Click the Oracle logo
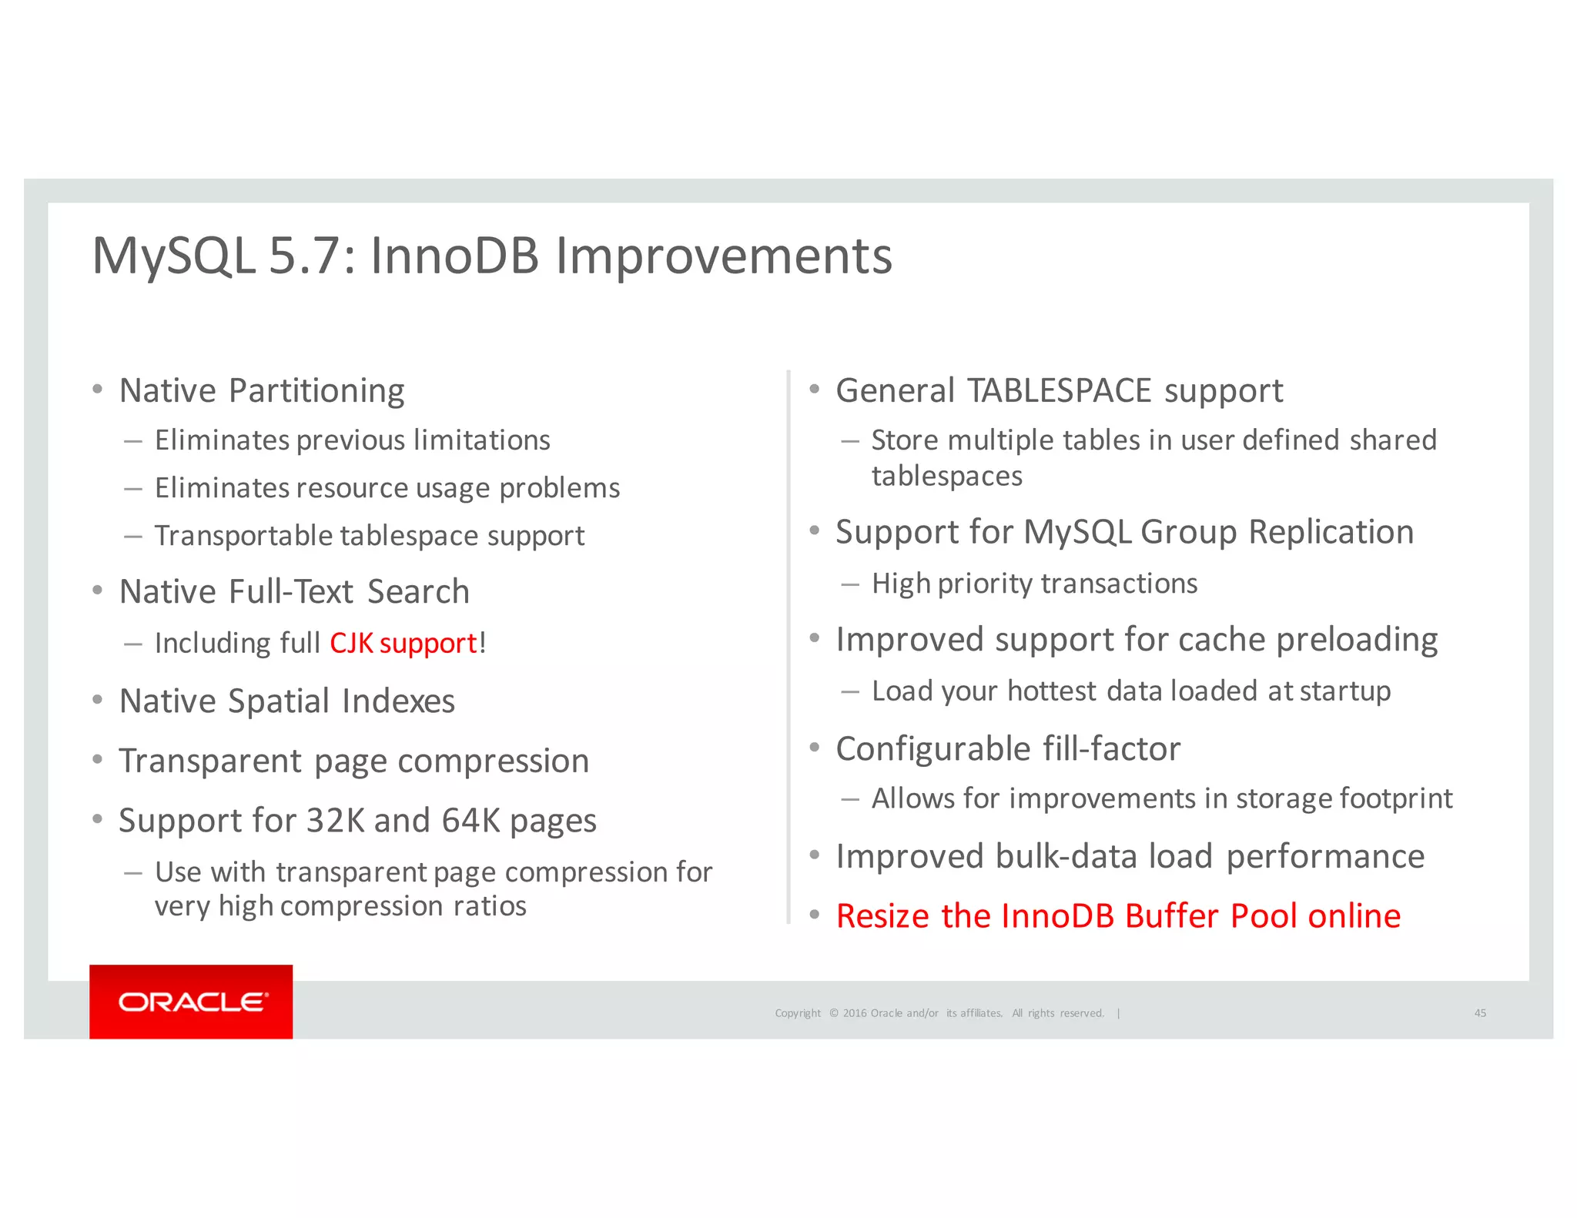point(191,1002)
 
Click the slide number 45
point(1480,1013)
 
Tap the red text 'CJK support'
point(403,643)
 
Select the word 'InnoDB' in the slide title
point(454,256)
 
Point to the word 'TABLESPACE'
point(1060,390)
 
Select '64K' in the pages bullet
point(470,821)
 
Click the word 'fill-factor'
point(1111,749)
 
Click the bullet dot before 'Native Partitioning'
point(97,390)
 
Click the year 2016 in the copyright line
point(854,1013)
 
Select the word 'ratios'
point(490,906)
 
